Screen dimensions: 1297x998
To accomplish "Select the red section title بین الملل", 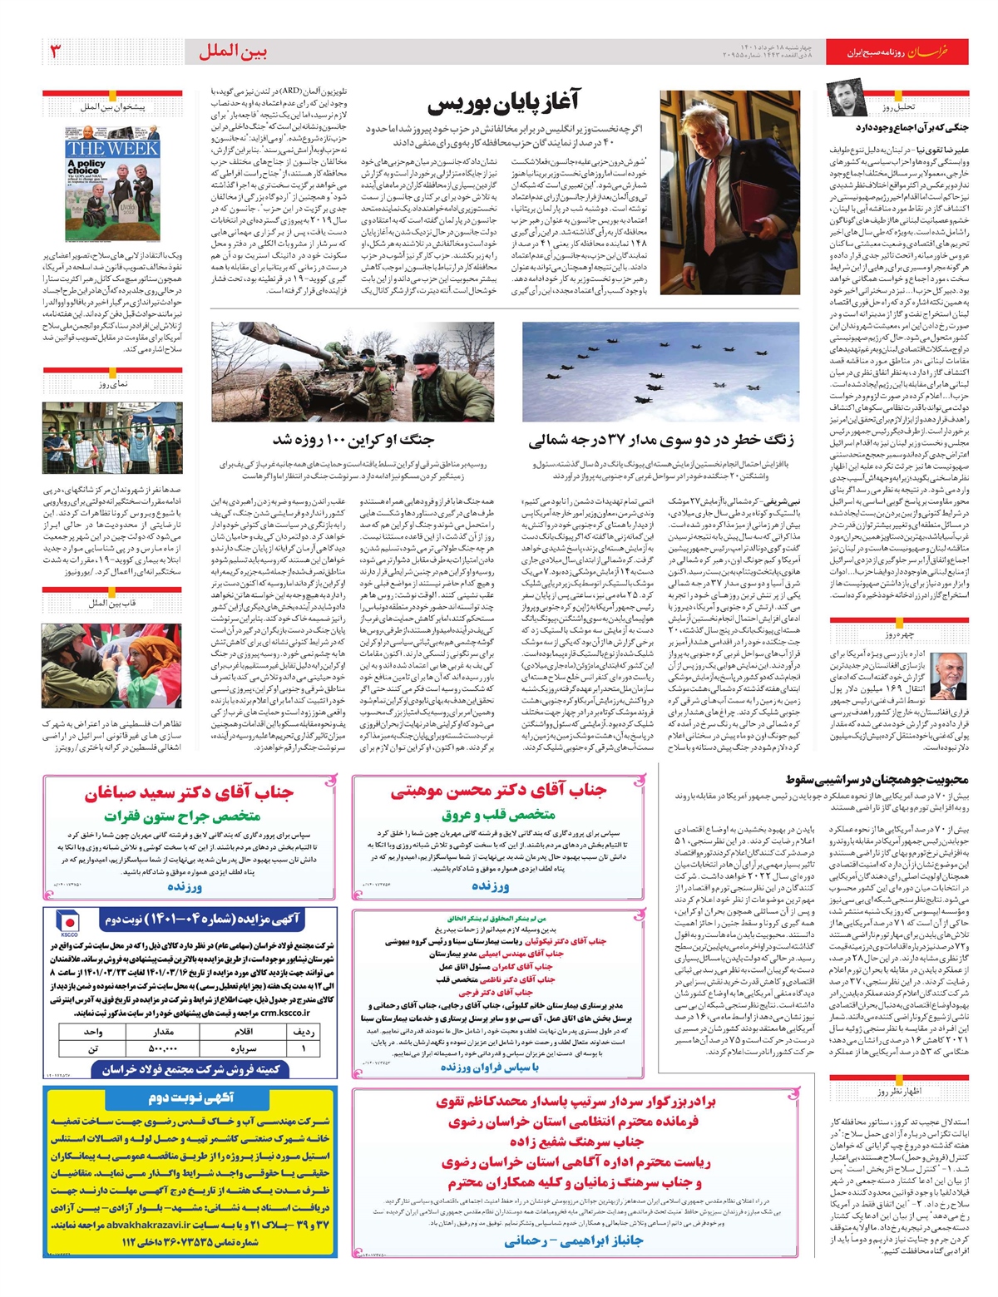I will (x=233, y=52).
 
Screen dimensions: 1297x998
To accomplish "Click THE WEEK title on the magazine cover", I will (x=112, y=149).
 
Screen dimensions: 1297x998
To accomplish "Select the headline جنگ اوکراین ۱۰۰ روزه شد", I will (x=353, y=439).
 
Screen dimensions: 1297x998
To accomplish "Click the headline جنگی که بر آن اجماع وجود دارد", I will (x=912, y=127).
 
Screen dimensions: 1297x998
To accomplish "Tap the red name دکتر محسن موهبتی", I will (x=499, y=791).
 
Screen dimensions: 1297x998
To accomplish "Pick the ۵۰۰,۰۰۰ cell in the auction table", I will (x=162, y=1048).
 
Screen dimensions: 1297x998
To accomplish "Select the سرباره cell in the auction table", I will (x=244, y=1048).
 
